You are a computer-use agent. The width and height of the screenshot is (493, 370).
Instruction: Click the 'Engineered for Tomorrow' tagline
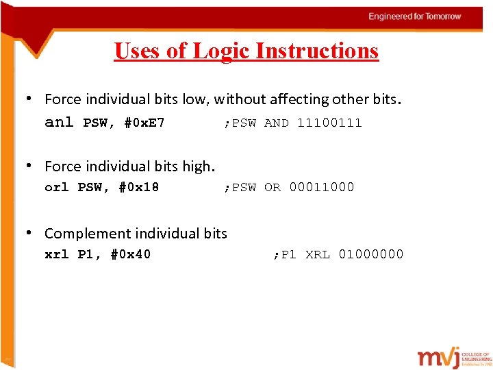tap(415, 16)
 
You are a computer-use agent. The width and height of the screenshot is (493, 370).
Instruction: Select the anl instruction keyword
tap(58, 123)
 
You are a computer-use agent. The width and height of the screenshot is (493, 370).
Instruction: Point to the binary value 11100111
tap(329, 123)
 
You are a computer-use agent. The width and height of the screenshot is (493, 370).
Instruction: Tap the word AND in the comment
tap(277, 123)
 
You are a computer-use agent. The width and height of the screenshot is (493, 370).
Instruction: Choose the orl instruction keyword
tap(57, 187)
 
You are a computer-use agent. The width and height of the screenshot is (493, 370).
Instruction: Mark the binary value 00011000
tap(322, 187)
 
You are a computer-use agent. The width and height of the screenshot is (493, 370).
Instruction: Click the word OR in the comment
tap(273, 187)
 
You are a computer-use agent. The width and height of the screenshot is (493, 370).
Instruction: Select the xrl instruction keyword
tap(57, 254)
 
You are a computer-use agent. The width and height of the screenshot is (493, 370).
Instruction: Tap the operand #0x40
tap(131, 254)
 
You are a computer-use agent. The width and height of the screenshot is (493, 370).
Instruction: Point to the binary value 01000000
tap(371, 254)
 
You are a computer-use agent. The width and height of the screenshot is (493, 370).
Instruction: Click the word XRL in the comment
tap(318, 254)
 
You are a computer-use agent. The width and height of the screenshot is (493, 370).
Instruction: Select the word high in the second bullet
tap(198, 166)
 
